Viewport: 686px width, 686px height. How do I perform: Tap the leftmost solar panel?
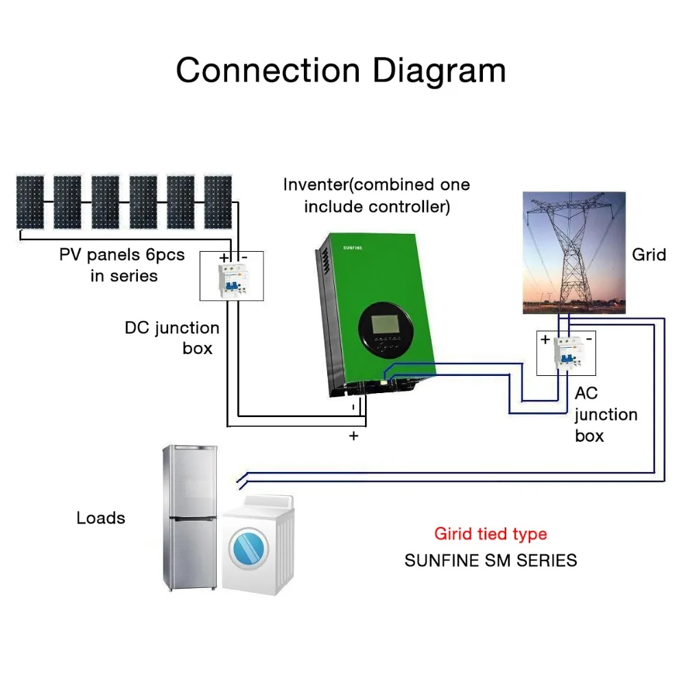pyautogui.click(x=29, y=202)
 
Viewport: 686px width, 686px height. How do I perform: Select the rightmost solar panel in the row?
pyautogui.click(x=218, y=202)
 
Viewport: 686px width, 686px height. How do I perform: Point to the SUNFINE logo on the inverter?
pyautogui.click(x=353, y=248)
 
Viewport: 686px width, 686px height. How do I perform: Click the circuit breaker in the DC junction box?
pyautogui.click(x=234, y=281)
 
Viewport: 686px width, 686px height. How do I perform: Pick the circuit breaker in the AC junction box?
pyautogui.click(x=569, y=353)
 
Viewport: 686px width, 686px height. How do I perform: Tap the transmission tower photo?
pyautogui.click(x=574, y=252)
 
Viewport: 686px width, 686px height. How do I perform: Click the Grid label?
pyautogui.click(x=649, y=255)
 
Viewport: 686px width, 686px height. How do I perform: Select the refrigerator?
pyautogui.click(x=190, y=517)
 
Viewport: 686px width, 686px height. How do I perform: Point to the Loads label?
pyautogui.click(x=101, y=518)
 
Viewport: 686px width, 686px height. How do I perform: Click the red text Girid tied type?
pyautogui.click(x=490, y=534)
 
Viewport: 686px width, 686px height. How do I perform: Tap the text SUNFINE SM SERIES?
pyautogui.click(x=490, y=560)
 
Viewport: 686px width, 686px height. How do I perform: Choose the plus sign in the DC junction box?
pyautogui.click(x=224, y=258)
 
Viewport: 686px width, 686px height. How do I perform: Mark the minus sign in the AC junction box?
pyautogui.click(x=589, y=339)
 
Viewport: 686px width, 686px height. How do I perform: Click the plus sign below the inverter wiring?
pyautogui.click(x=353, y=436)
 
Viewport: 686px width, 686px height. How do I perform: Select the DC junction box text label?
pyautogui.click(x=172, y=338)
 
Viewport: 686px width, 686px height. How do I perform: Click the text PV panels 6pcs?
pyautogui.click(x=121, y=255)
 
